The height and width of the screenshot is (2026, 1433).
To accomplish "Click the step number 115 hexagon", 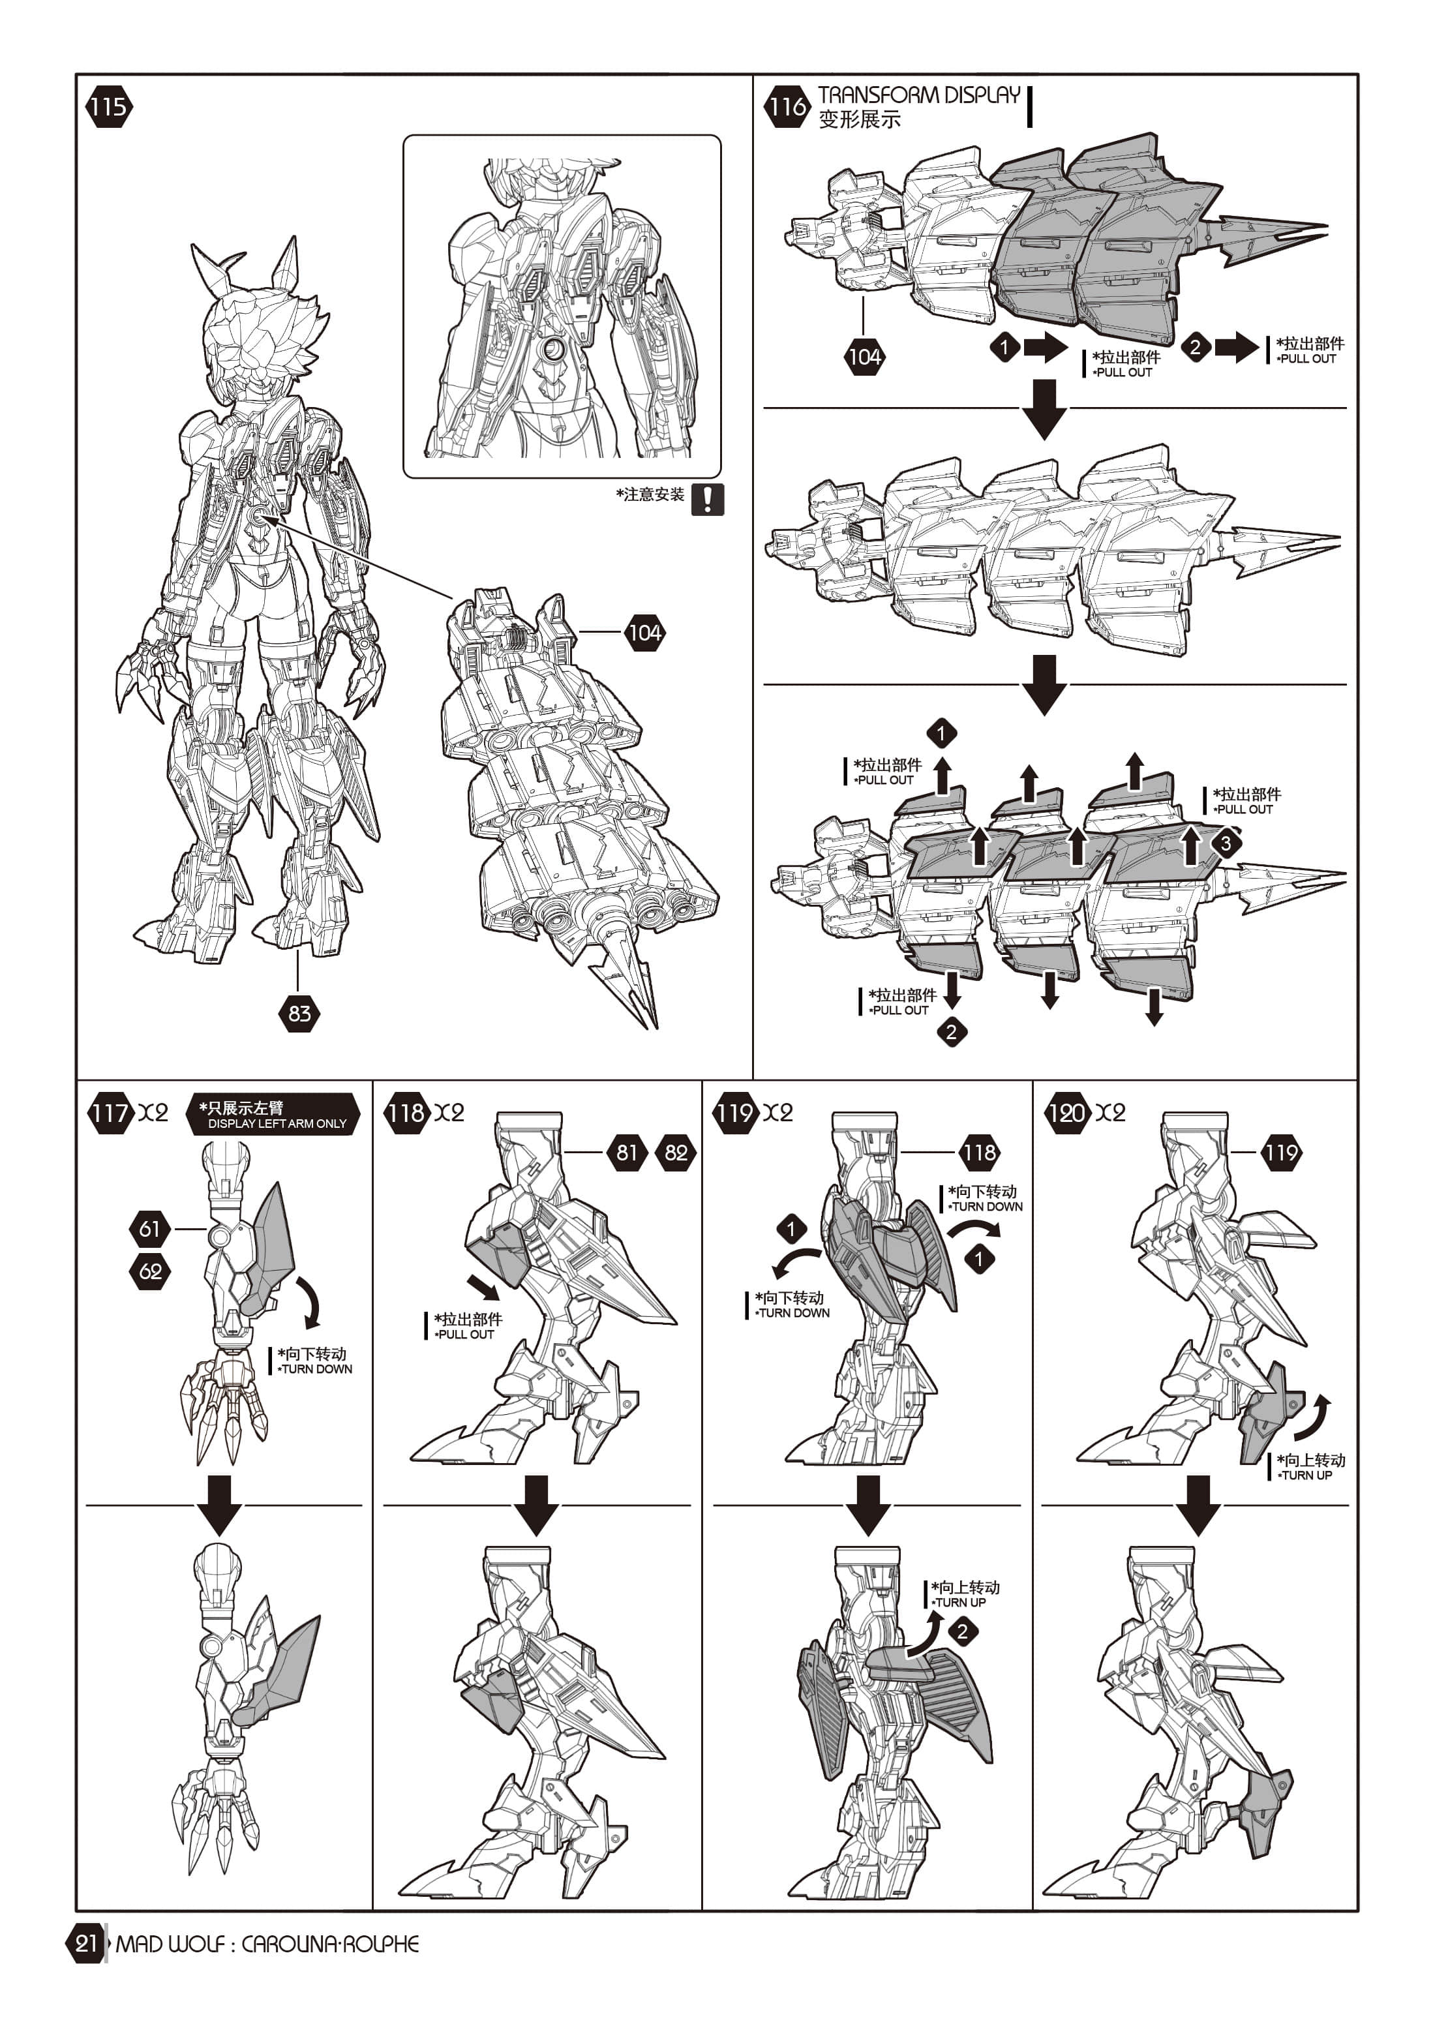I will point(108,107).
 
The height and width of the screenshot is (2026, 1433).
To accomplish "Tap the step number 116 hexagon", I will point(786,107).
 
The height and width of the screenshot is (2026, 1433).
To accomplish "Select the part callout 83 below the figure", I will point(299,1013).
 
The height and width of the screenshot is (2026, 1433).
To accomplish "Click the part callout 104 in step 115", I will point(644,632).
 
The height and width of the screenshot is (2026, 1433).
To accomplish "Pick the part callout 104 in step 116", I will point(864,357).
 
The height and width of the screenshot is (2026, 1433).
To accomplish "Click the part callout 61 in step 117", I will point(150,1228).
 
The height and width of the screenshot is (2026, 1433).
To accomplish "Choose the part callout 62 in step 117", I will point(150,1271).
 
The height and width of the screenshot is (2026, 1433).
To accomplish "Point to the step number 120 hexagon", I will point(1066,1113).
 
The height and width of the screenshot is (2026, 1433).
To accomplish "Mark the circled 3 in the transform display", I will point(1226,843).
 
